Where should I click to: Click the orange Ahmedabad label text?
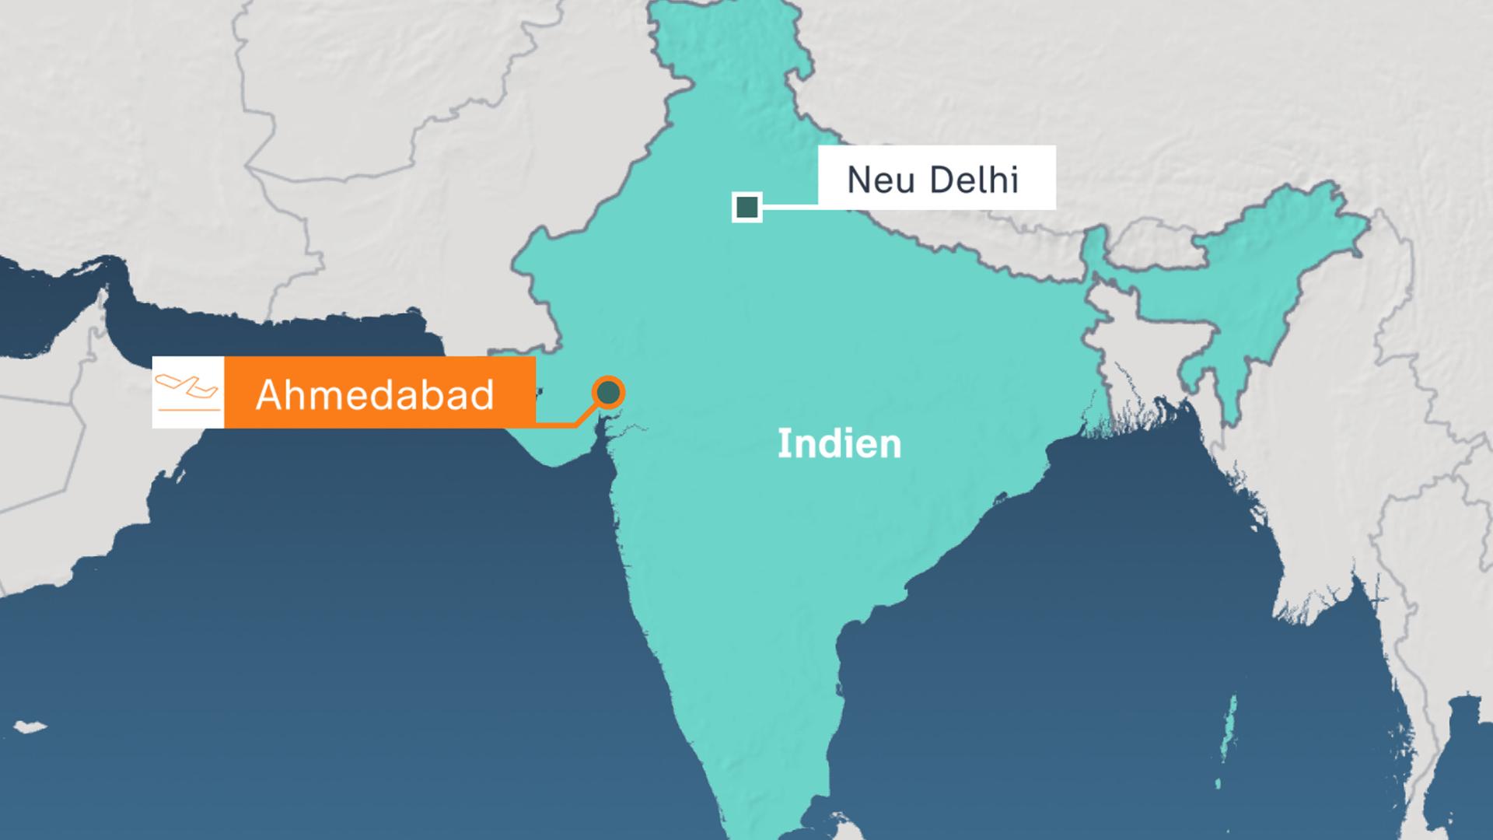(x=375, y=394)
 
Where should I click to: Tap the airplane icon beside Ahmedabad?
(x=187, y=392)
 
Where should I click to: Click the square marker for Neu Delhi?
(x=746, y=208)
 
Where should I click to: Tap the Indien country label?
(x=839, y=444)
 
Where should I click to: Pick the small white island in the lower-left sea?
(x=30, y=726)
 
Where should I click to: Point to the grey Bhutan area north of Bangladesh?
(x=1151, y=233)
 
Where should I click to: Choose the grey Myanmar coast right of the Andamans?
(x=1322, y=622)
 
